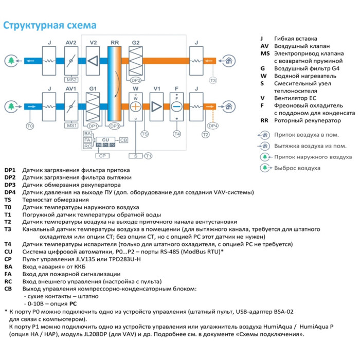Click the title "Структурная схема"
pos(50,25)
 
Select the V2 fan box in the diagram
pos(93,61)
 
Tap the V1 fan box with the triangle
pos(157,106)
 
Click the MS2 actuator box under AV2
pos(71,80)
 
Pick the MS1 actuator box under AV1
pos(71,125)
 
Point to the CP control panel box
pos(102,155)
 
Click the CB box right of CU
pos(124,140)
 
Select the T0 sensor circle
pos(29,126)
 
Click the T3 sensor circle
pos(213,80)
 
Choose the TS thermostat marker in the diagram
pos(145,134)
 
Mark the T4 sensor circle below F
pos(177,134)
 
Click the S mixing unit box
pos(136,155)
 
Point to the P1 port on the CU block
pos(105,146)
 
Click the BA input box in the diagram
pos(87,134)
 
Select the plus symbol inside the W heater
pos(136,106)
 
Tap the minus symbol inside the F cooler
pos(177,106)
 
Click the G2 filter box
pos(136,61)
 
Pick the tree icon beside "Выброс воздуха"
pos(264,168)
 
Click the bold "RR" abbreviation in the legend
pos(265,120)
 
